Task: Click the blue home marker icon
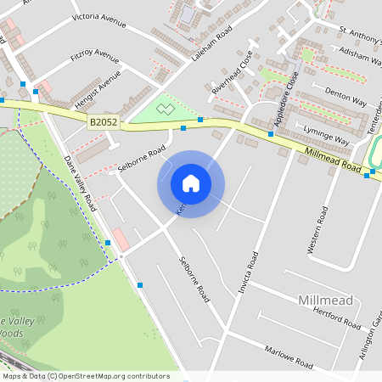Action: (191, 183)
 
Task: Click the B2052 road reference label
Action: (104, 123)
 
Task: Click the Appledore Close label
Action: (289, 94)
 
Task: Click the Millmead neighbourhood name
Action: (324, 301)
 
